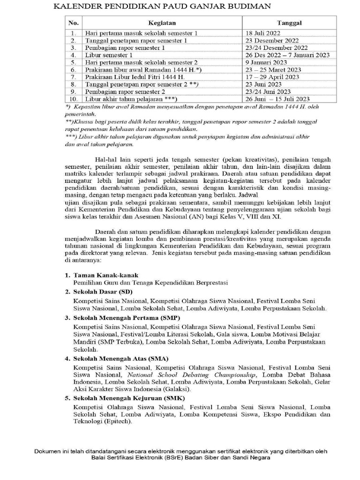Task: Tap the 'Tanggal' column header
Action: tap(289, 22)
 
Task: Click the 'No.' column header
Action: tap(73, 22)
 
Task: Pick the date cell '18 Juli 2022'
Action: tap(262, 33)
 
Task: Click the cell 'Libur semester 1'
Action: tap(108, 55)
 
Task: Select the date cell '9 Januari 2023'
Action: tap(264, 62)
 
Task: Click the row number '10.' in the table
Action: tap(73, 98)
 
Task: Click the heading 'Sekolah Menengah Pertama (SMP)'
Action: tap(123, 318)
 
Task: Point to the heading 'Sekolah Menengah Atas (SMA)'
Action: tap(118, 359)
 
